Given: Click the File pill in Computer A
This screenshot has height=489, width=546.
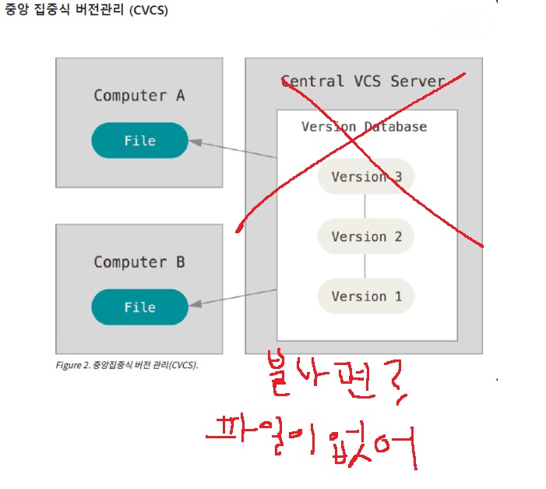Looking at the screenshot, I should coord(140,140).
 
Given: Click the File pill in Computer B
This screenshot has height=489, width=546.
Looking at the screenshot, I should coord(140,307).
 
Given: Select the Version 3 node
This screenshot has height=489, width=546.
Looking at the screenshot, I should coord(366,177).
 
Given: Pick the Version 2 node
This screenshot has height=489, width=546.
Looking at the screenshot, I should coord(366,236).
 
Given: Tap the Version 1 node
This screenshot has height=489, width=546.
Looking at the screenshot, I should coord(366,296).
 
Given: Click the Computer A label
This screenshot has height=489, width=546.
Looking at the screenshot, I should coord(139,96).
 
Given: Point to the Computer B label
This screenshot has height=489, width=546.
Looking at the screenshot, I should coord(139,262).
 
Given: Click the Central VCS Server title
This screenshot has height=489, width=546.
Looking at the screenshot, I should coord(363,81).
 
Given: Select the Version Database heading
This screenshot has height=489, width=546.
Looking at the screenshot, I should coord(365,126).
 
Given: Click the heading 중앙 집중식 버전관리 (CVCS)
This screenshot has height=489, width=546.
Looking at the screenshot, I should coord(86,12).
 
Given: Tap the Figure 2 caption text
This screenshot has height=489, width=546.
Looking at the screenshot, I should coord(127,364).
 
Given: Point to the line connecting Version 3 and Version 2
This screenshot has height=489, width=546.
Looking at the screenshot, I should coord(365,207).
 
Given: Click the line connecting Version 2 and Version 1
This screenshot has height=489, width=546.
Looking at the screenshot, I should coord(365,267).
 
